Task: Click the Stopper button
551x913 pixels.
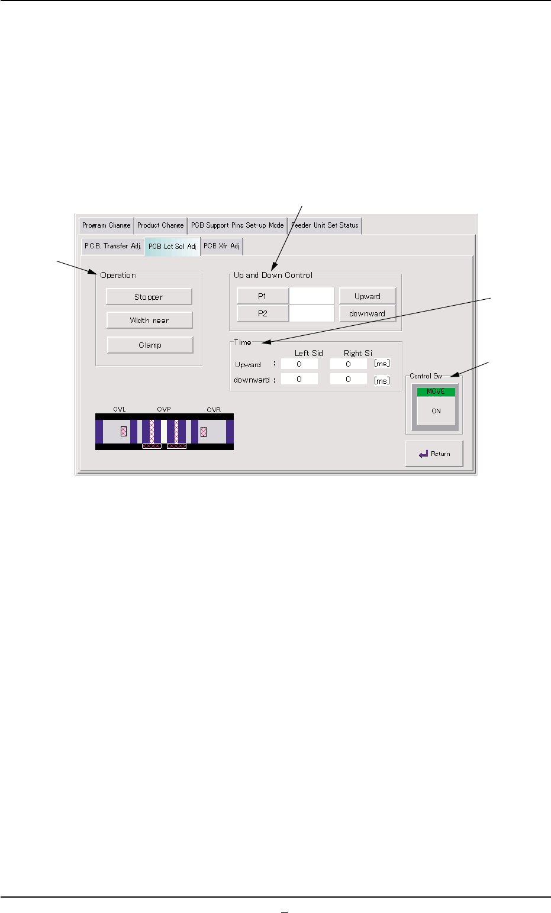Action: pyautogui.click(x=149, y=297)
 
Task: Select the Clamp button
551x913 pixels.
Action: pyautogui.click(x=150, y=345)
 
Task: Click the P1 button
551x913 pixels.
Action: pyautogui.click(x=262, y=296)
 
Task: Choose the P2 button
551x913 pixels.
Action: pyautogui.click(x=262, y=313)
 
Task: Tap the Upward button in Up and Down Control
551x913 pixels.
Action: pyautogui.click(x=367, y=296)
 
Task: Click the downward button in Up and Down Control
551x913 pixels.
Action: pyautogui.click(x=367, y=313)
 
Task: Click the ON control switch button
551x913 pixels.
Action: pyautogui.click(x=436, y=411)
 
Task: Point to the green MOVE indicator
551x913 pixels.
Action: pyautogui.click(x=436, y=392)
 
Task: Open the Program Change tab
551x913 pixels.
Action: pyautogui.click(x=107, y=225)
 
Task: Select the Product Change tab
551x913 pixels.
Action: pyautogui.click(x=160, y=225)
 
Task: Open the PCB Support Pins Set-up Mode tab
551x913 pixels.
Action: pyautogui.click(x=237, y=225)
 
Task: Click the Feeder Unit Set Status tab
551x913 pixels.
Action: pyautogui.click(x=325, y=225)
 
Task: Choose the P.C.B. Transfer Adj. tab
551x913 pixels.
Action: pyautogui.click(x=112, y=246)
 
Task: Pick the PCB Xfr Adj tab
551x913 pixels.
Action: pyautogui.click(x=221, y=246)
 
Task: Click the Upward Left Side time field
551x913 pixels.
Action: pyautogui.click(x=299, y=364)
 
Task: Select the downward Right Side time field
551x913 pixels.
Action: pyautogui.click(x=348, y=379)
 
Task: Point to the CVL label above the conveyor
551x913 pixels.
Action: pyautogui.click(x=119, y=409)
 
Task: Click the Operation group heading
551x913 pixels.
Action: pyautogui.click(x=118, y=276)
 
